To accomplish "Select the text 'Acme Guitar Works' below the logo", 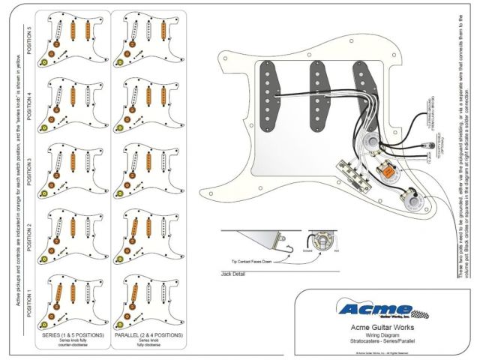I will [384, 327].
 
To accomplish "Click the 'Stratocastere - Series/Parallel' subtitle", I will [383, 343].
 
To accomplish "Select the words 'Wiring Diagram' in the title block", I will [383, 336].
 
